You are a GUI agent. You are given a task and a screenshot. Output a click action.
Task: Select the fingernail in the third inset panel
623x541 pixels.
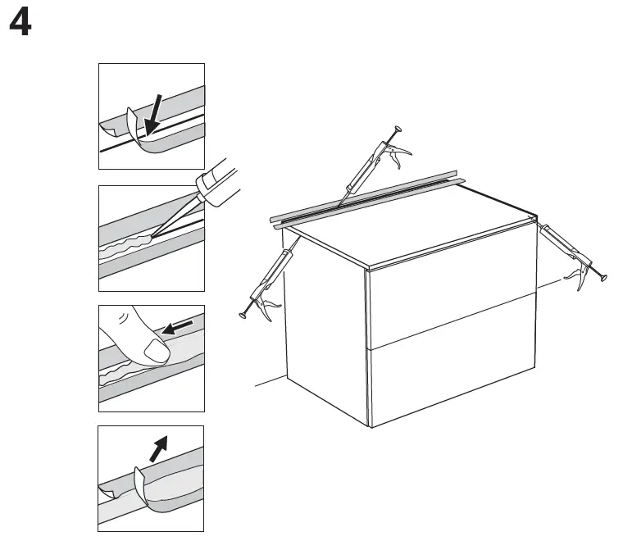pyautogui.click(x=157, y=352)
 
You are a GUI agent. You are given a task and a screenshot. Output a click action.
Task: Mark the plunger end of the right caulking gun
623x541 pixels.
pyautogui.click(x=604, y=280)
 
